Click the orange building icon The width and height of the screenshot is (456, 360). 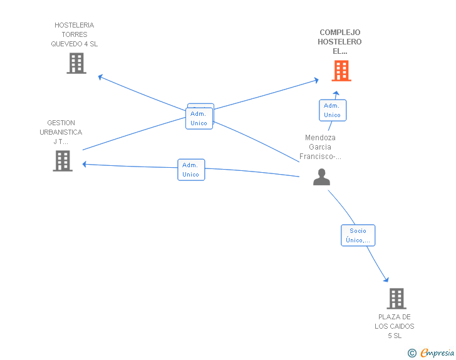341,71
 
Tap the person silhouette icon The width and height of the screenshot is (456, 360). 321,177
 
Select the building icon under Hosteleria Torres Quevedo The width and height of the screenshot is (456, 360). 76,63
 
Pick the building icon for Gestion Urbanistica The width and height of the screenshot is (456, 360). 63,161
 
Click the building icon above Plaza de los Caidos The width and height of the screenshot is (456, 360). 396,299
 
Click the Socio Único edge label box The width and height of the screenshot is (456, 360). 358,235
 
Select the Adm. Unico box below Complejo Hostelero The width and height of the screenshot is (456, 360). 333,110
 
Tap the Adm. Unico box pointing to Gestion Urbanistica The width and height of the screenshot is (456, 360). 191,170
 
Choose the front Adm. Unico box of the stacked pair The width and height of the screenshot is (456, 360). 199,118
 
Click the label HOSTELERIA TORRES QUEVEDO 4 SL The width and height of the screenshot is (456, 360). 75,34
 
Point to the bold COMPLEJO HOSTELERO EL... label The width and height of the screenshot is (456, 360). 339,42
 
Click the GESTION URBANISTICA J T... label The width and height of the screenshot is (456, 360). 61,132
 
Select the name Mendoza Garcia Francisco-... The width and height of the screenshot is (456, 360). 320,147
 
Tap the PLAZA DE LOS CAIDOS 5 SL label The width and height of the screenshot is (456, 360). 395,326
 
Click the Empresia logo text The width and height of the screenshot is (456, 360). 437,353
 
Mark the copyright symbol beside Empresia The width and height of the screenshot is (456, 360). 412,353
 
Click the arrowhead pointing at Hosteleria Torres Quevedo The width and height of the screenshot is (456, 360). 100,77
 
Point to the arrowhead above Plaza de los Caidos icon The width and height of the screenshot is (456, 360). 386,279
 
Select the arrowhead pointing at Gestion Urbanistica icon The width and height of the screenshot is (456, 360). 85,164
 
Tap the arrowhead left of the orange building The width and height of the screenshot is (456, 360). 316,80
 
